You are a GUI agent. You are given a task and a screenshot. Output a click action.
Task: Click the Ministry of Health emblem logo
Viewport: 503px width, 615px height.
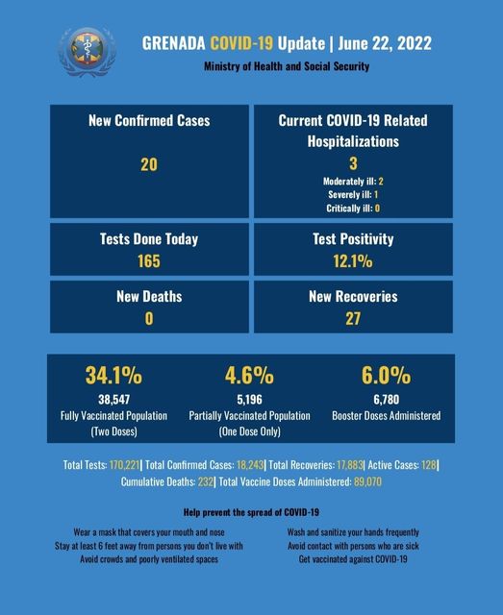[x=88, y=51]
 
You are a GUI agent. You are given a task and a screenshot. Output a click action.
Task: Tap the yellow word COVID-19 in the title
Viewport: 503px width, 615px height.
[x=241, y=43]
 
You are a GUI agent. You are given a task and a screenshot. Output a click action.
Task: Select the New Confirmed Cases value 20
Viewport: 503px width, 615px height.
[x=149, y=164]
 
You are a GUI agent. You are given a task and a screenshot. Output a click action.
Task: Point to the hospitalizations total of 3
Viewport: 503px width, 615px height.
[x=353, y=163]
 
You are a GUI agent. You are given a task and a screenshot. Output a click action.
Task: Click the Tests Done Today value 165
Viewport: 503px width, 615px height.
[x=149, y=261]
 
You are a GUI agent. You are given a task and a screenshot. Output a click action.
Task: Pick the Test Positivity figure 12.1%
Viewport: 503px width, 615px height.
[x=353, y=261]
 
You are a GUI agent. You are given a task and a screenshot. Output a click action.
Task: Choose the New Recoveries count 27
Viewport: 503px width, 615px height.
[x=353, y=318]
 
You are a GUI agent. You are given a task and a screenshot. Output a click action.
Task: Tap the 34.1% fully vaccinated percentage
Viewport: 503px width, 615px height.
[x=113, y=375]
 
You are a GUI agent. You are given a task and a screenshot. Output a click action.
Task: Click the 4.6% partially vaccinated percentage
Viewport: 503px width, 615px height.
[x=249, y=375]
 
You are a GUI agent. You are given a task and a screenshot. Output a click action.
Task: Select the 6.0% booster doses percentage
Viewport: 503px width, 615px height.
[x=386, y=375]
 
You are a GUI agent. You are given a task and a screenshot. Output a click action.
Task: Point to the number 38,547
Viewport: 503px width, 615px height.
[x=113, y=400]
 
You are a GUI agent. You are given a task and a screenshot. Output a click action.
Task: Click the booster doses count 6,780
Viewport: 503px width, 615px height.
[x=387, y=400]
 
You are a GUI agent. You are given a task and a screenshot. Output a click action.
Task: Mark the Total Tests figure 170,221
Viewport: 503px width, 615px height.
[x=124, y=465]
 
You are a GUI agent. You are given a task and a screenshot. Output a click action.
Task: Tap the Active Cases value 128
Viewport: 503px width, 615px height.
[x=428, y=465]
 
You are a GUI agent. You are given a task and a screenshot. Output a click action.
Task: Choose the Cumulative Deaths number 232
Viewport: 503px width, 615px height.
[x=206, y=481]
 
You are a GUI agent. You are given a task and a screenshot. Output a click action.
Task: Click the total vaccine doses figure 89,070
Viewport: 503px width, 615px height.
[x=367, y=481]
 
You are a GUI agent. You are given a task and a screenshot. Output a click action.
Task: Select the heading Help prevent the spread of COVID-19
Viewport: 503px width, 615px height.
[x=251, y=512]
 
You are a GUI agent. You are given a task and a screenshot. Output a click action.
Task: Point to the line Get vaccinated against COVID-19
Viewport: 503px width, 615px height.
[x=353, y=559]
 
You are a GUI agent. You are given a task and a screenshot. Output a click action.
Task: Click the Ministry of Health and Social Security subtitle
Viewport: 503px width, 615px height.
[x=287, y=66]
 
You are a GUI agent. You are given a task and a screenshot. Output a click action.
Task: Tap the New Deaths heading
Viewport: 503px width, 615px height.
[x=149, y=297]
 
